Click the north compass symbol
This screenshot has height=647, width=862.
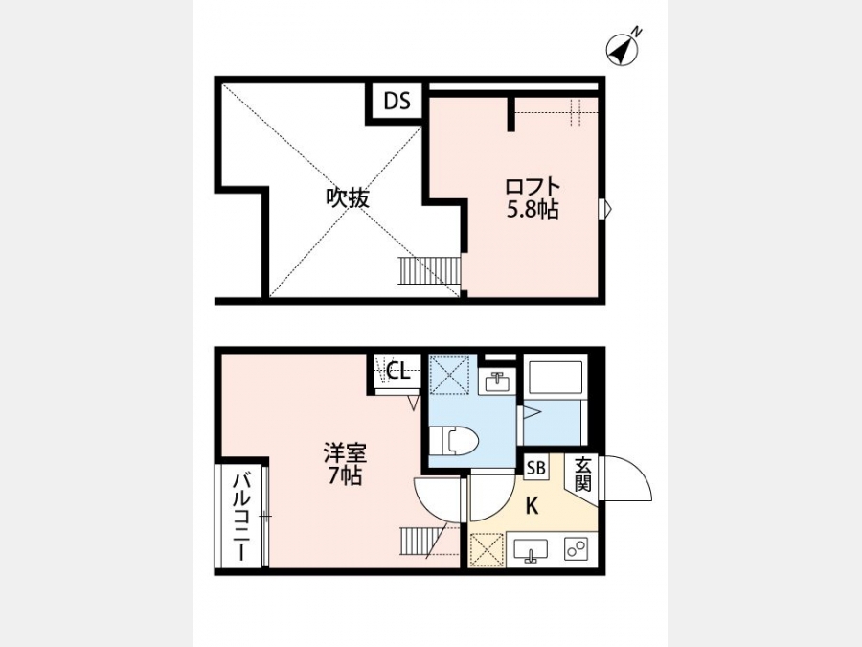(622, 50)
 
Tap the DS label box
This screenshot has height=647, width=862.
(397, 102)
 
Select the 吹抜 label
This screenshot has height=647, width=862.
(348, 198)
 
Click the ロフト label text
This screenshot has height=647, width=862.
(533, 186)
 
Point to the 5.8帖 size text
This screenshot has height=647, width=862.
(533, 210)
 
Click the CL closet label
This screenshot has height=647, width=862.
(398, 371)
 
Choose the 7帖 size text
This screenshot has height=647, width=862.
(345, 475)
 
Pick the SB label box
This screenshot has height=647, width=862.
(535, 468)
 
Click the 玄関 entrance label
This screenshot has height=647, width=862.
(582, 475)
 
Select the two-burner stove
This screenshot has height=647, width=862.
(577, 549)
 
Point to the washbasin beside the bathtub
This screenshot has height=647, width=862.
(497, 381)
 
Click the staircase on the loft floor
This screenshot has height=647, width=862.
(429, 270)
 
